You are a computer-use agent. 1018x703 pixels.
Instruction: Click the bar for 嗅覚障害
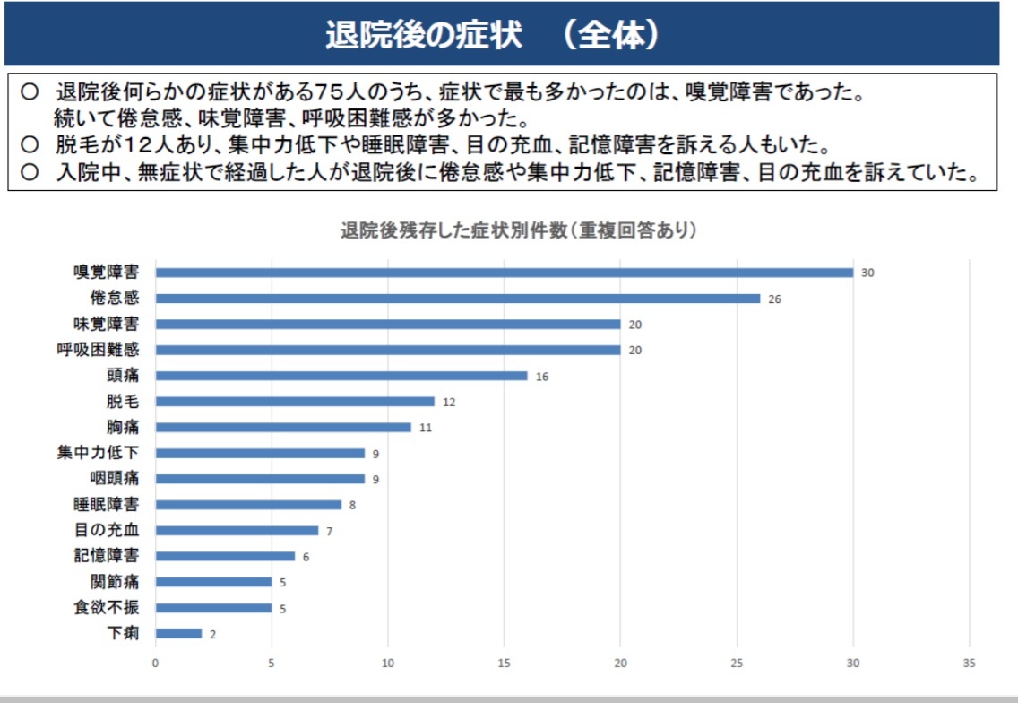[504, 273]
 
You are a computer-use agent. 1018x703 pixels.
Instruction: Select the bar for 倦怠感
[457, 299]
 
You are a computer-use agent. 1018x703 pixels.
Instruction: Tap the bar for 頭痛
[341, 376]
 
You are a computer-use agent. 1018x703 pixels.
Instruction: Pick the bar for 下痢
[178, 634]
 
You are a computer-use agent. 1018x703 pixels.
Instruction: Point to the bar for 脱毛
[295, 402]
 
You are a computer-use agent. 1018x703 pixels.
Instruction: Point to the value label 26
[774, 299]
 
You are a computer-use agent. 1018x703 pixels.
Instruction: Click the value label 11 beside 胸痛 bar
[426, 428]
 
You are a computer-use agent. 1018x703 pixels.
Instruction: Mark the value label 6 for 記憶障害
[306, 557]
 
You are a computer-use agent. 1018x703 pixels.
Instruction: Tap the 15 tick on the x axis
[504, 663]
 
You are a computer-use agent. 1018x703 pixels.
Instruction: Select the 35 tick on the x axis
[969, 663]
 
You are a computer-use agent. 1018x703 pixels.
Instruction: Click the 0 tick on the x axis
[155, 663]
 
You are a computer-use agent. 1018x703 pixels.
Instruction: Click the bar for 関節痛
[213, 582]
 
